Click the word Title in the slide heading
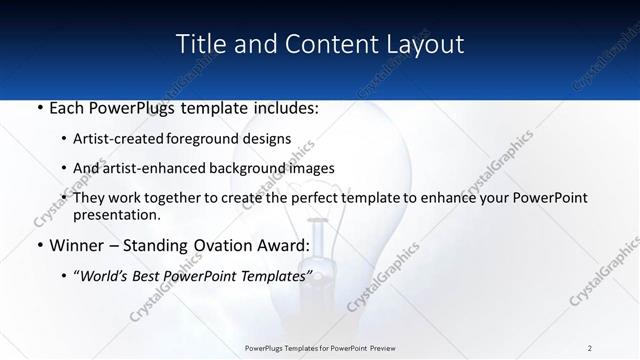pos(198,44)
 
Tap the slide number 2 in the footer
pos(590,347)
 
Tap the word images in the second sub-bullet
pos(313,168)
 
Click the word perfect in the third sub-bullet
pos(322,198)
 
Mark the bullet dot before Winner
pos(39,246)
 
